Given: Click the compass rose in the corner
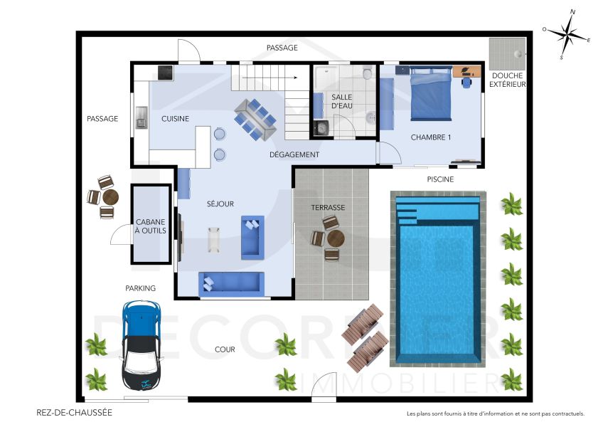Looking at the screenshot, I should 566,33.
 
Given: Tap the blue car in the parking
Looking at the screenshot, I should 142,338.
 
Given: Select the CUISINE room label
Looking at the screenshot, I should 175,119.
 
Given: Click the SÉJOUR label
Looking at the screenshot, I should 220,204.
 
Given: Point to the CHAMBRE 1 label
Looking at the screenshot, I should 431,137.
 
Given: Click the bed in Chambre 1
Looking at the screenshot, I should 431,93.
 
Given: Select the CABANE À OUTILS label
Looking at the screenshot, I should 150,225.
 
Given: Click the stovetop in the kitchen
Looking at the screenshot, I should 165,72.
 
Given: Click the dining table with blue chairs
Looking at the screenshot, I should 255,116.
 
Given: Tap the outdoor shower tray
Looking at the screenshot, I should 507,52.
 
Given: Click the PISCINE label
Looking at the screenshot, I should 440,179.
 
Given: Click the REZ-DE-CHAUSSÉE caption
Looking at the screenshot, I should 74,412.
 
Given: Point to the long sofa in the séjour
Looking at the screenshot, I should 231,283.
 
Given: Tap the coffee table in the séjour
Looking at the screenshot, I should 214,238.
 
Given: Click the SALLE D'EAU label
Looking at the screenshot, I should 342,101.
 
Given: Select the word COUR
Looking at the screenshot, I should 225,349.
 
